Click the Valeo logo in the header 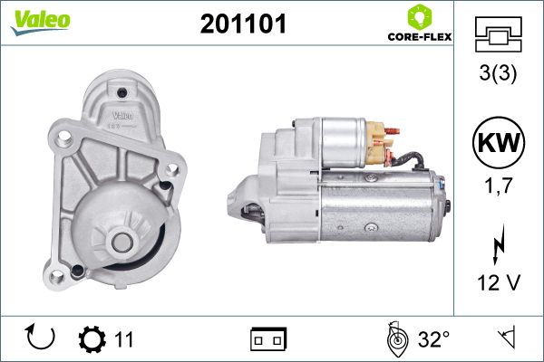[x=41, y=22]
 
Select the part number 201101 [x=243, y=24]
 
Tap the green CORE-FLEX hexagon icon [x=420, y=16]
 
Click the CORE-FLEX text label [x=420, y=37]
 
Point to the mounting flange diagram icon [x=498, y=34]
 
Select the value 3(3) [x=498, y=72]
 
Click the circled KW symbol [x=499, y=142]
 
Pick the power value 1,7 [x=499, y=186]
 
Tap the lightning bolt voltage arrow [x=499, y=244]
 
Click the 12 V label [x=499, y=282]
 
